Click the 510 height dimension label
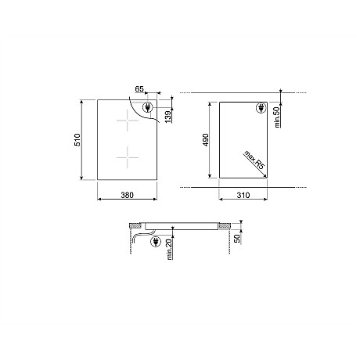(x=88, y=140)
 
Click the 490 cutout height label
(x=207, y=140)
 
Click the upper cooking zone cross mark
(x=125, y=121)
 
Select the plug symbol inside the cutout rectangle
(x=259, y=110)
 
